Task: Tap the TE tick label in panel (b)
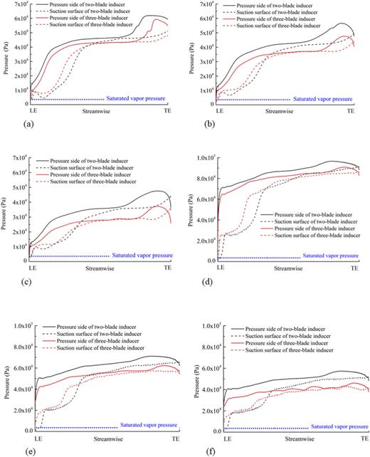pyautogui.click(x=350, y=111)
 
